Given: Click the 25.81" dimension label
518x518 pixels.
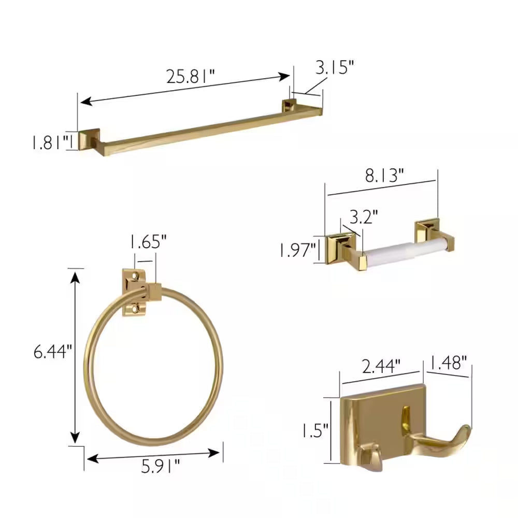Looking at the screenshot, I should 190,76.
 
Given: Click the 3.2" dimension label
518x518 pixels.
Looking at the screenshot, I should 363,215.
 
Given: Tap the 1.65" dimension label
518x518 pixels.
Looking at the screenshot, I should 148,242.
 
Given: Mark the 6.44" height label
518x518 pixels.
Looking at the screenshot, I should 51,352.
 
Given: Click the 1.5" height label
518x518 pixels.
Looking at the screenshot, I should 315,430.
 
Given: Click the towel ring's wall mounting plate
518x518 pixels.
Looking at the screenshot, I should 134,292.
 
